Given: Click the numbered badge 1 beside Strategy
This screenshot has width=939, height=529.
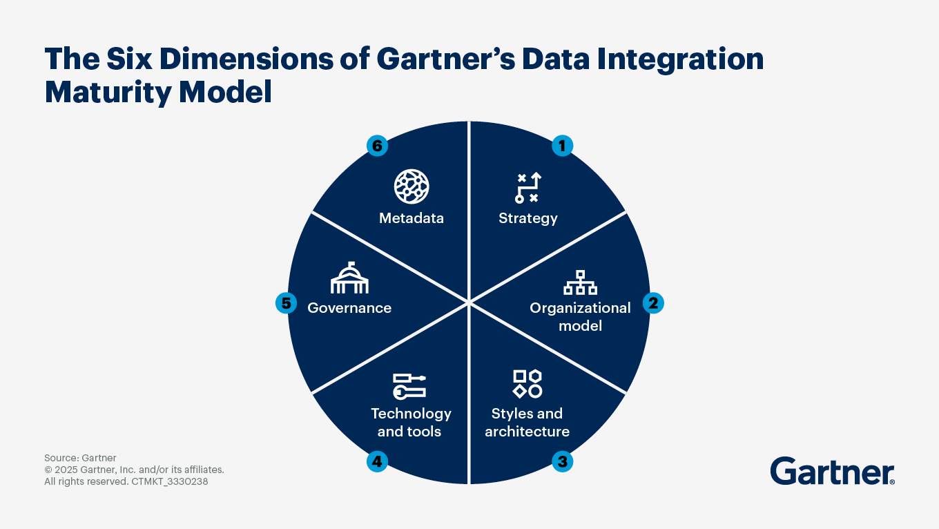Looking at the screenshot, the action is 562,146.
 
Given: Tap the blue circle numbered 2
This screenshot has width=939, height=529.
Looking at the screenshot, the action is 653,303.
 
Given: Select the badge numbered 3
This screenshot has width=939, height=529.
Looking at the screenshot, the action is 562,461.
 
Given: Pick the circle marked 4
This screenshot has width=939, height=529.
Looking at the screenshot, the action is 377,461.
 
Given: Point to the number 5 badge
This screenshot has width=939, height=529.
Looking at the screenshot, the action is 286,303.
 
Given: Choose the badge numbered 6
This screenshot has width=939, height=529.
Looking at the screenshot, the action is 377,146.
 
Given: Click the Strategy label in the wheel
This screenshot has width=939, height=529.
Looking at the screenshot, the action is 527,218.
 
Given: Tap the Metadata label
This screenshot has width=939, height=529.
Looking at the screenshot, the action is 412,218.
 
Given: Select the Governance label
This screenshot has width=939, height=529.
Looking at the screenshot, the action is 349,308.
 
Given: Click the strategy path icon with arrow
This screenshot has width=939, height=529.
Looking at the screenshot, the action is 527,187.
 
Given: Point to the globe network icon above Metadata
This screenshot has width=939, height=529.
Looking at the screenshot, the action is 412,186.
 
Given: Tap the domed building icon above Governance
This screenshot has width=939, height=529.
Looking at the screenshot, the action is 349,278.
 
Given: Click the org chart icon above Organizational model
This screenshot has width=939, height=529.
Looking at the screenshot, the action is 580,282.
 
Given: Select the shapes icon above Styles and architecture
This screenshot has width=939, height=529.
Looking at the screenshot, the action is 527,383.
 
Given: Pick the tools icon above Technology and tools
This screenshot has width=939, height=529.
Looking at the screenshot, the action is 409,386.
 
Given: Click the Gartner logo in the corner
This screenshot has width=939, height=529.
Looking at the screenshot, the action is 832,471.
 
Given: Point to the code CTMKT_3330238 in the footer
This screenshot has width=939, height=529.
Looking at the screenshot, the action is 169,481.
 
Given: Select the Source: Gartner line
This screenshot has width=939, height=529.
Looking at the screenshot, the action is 80,458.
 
